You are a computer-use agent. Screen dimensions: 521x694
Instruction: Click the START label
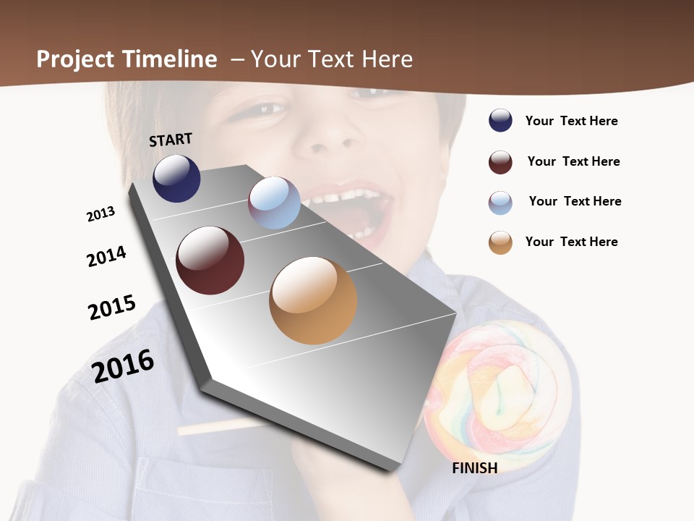coord(171,140)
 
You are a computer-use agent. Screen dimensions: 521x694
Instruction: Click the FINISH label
coord(475,468)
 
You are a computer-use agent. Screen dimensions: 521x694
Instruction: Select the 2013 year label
coord(100,214)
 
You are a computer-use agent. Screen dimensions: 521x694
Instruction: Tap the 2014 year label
coord(106,256)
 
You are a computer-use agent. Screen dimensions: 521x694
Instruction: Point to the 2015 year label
coord(112,307)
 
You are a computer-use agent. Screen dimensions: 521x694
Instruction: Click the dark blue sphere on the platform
coord(176,178)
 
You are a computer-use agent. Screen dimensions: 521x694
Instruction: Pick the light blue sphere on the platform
coord(274,203)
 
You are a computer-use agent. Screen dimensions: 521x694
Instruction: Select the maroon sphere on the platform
coord(210,260)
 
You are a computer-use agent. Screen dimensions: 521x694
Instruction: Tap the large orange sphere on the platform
coord(313,300)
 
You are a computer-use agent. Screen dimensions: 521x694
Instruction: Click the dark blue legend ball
coord(500,120)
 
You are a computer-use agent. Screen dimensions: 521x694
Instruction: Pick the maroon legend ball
coord(500,162)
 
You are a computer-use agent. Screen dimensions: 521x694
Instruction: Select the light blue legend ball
coord(500,203)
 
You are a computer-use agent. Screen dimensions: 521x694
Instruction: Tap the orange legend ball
coord(500,242)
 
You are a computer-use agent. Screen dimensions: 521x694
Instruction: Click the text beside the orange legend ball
coord(572,242)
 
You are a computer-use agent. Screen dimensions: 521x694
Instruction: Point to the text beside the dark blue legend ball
coord(572,121)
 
